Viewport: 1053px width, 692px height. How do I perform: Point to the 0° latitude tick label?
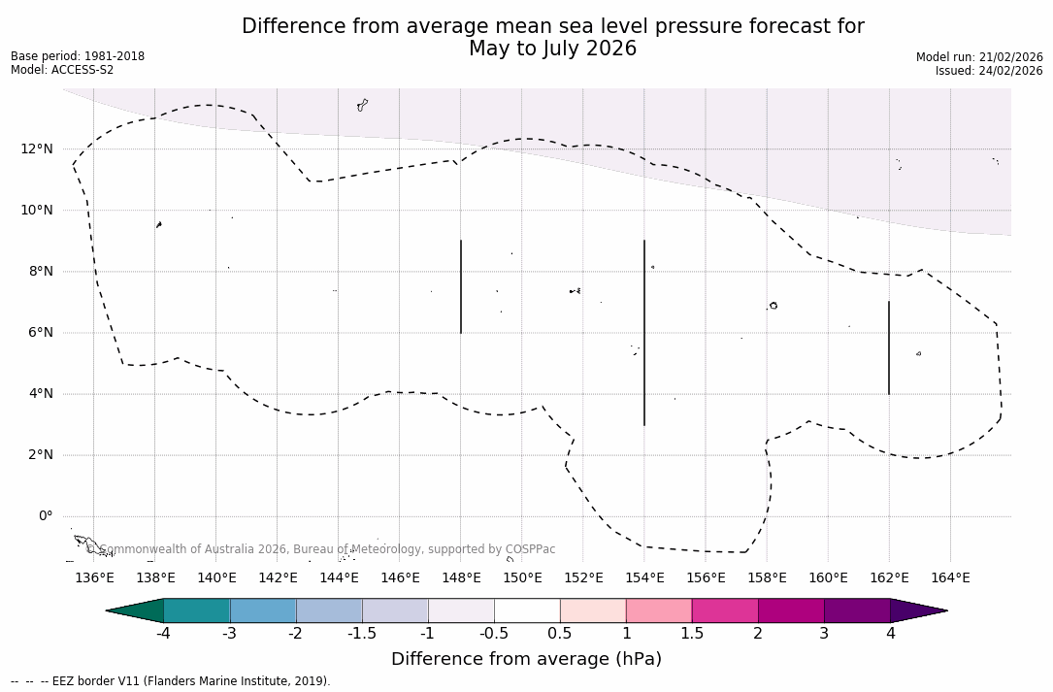(x=46, y=515)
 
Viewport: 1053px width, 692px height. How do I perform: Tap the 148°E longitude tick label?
(x=461, y=577)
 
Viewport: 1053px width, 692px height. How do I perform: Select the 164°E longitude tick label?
(x=950, y=577)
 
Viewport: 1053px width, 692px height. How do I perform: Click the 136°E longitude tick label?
(x=94, y=577)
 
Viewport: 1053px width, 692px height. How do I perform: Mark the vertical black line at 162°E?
(x=889, y=347)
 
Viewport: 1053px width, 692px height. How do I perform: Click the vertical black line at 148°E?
(x=461, y=286)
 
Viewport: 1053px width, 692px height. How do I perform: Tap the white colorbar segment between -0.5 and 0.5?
(x=527, y=610)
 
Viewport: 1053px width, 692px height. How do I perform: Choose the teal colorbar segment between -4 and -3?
(x=197, y=610)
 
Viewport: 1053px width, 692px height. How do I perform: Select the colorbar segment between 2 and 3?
(x=791, y=610)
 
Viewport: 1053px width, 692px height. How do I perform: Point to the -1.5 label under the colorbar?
(x=362, y=634)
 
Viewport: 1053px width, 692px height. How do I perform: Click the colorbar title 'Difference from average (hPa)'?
(x=526, y=659)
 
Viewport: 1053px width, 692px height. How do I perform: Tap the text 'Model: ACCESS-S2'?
(x=62, y=70)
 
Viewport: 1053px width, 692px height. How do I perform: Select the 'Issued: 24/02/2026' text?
(x=989, y=71)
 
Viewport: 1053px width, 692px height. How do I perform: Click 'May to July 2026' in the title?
(x=552, y=49)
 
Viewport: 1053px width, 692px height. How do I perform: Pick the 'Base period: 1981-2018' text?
(x=78, y=56)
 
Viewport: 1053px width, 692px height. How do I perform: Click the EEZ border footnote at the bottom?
(x=171, y=681)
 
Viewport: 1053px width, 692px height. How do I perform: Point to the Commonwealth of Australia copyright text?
(x=321, y=549)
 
